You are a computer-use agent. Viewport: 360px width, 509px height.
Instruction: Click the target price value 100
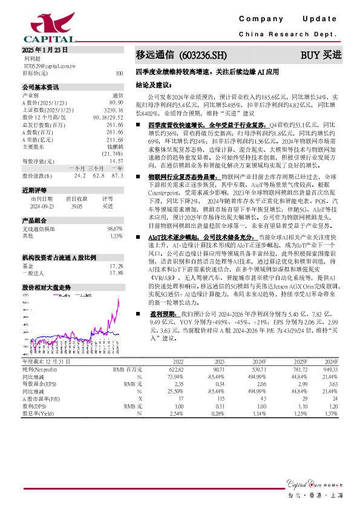(x=119, y=73)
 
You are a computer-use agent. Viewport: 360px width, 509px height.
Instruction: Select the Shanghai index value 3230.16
(x=113, y=111)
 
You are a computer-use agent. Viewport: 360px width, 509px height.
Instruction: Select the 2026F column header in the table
(x=332, y=361)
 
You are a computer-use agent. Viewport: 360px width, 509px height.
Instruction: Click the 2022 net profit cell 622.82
(x=177, y=368)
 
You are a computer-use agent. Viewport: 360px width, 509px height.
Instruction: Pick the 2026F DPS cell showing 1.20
(x=333, y=406)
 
